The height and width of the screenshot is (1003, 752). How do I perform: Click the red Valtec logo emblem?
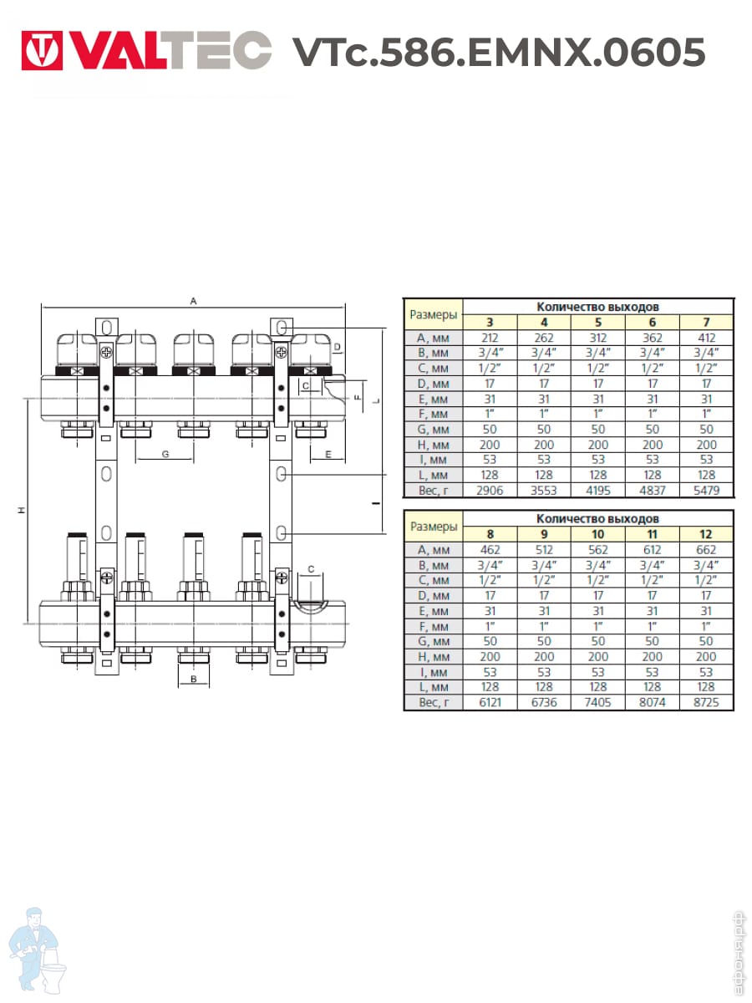(x=42, y=50)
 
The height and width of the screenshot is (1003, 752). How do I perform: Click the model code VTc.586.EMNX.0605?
(x=499, y=52)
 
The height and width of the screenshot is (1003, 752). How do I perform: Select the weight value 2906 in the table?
(x=490, y=491)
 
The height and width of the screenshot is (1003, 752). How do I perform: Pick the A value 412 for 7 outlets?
(x=706, y=339)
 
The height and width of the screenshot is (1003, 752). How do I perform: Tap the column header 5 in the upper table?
(x=598, y=323)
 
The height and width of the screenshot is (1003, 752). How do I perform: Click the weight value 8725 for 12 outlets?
(x=706, y=702)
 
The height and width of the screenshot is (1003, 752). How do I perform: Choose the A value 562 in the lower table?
(x=597, y=550)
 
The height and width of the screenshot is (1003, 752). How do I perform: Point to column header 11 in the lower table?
(x=652, y=534)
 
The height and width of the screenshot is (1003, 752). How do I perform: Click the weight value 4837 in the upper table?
(x=652, y=491)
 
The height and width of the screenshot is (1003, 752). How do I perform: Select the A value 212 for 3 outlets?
(x=490, y=339)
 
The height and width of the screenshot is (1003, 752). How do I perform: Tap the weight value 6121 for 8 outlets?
(x=490, y=702)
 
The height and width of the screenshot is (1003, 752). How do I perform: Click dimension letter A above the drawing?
(x=193, y=301)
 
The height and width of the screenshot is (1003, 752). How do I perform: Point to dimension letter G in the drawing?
(x=165, y=454)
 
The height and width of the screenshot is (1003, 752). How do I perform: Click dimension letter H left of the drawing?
(x=21, y=510)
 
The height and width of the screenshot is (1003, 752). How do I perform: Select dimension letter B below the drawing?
(x=194, y=679)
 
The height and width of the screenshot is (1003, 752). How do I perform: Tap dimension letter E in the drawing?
(x=328, y=454)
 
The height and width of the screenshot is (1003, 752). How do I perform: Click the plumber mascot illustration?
(x=38, y=951)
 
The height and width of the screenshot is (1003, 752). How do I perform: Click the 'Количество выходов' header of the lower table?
(x=597, y=519)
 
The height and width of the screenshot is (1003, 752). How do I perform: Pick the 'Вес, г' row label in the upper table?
(x=434, y=491)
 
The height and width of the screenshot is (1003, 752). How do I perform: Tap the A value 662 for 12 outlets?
(x=706, y=550)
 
